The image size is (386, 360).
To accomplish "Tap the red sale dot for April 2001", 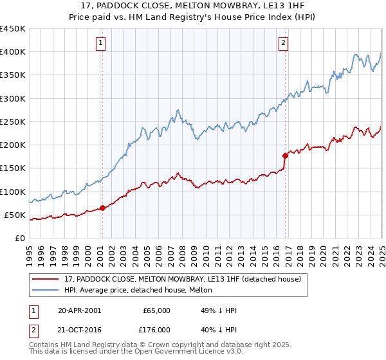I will [103, 208].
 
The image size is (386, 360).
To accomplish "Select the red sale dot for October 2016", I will [285, 155].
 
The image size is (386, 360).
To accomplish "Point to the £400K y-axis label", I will [13, 52].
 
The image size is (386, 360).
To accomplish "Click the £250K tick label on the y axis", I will [13, 122].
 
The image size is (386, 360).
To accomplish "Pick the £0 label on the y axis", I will [19, 238].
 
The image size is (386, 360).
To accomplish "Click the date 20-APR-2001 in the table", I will [79, 310].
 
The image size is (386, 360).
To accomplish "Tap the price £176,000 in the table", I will [156, 329].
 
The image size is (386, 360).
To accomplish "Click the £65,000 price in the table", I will [156, 310].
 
